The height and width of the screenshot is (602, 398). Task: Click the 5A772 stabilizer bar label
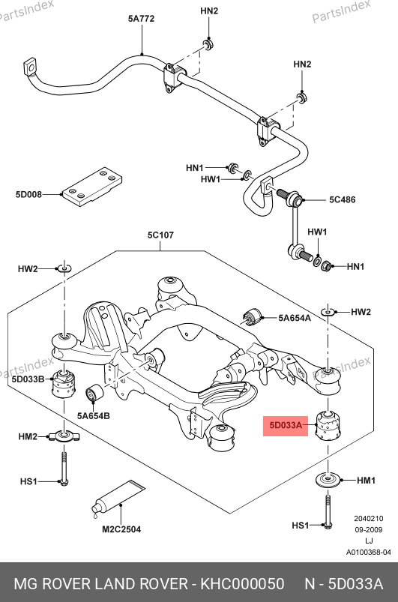click(x=141, y=19)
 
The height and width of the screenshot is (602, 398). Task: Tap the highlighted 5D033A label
click(x=286, y=425)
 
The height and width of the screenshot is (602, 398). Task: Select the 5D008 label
click(x=28, y=194)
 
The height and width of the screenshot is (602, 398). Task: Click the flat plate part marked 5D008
click(x=92, y=187)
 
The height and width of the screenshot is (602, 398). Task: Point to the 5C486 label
click(x=343, y=199)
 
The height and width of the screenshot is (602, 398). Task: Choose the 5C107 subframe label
click(x=160, y=235)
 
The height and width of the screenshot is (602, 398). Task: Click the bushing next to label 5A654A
click(x=252, y=316)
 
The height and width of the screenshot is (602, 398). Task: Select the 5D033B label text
click(x=28, y=379)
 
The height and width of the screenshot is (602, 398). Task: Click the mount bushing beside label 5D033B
click(x=64, y=384)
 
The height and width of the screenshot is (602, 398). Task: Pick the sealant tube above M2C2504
click(x=118, y=498)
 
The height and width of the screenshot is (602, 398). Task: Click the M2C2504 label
click(x=121, y=529)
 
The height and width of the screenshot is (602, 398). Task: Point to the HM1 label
click(x=366, y=481)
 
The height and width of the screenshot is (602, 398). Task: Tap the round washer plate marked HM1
click(x=328, y=480)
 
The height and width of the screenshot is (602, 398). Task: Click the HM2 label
click(x=28, y=436)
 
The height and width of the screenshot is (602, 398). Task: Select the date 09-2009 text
click(x=369, y=530)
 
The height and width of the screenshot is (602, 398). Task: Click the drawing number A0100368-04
click(x=369, y=553)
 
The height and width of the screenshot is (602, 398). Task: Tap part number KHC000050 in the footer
click(x=243, y=583)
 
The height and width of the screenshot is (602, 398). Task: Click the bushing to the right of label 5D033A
click(x=328, y=425)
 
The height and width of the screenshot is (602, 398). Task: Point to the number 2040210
click(x=369, y=518)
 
